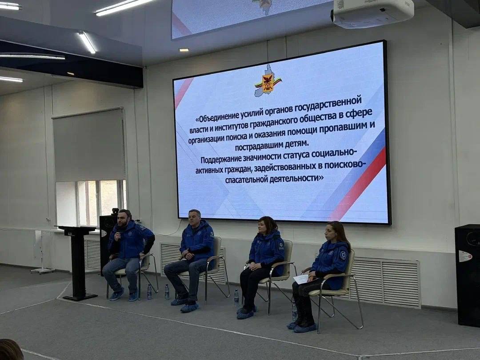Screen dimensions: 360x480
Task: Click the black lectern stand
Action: (78, 262)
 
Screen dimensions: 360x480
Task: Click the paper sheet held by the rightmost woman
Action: (301, 279)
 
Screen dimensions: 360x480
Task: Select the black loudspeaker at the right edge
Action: (467, 276)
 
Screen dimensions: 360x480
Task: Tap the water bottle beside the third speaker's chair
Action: (236, 297)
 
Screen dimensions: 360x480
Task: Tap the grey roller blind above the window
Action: (89, 145)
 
